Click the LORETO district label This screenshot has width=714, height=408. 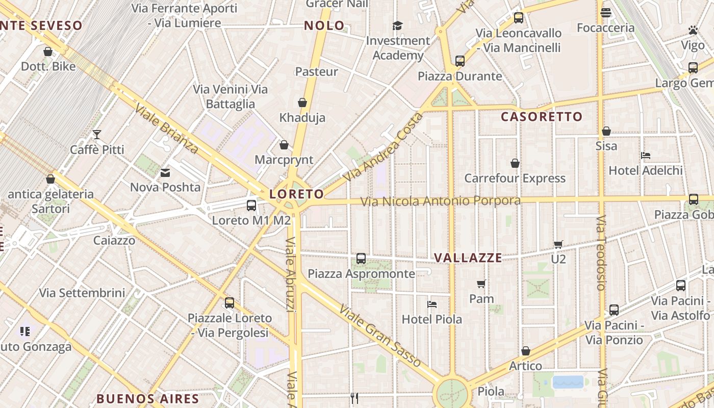296,194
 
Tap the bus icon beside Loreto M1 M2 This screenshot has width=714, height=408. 251,205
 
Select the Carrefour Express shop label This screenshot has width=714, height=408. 515,178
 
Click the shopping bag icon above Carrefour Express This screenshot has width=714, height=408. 515,163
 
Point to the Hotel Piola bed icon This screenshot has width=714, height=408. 432,304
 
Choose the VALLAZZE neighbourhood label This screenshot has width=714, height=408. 468,258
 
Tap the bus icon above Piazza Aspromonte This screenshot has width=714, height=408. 361,258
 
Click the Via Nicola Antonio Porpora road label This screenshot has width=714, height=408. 441,201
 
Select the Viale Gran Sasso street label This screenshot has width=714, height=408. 380,336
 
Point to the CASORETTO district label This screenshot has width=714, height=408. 542,117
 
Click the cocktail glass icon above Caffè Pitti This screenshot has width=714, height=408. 97,135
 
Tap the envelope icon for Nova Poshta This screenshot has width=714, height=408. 165,173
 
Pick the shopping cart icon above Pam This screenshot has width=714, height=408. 481,284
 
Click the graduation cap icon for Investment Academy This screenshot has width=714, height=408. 397,25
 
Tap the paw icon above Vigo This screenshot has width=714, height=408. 693,30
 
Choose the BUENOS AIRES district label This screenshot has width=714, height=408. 147,398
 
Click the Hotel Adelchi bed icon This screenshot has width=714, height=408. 646,156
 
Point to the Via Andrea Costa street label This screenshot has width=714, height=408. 384,147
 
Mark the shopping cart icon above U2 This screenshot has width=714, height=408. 558,244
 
